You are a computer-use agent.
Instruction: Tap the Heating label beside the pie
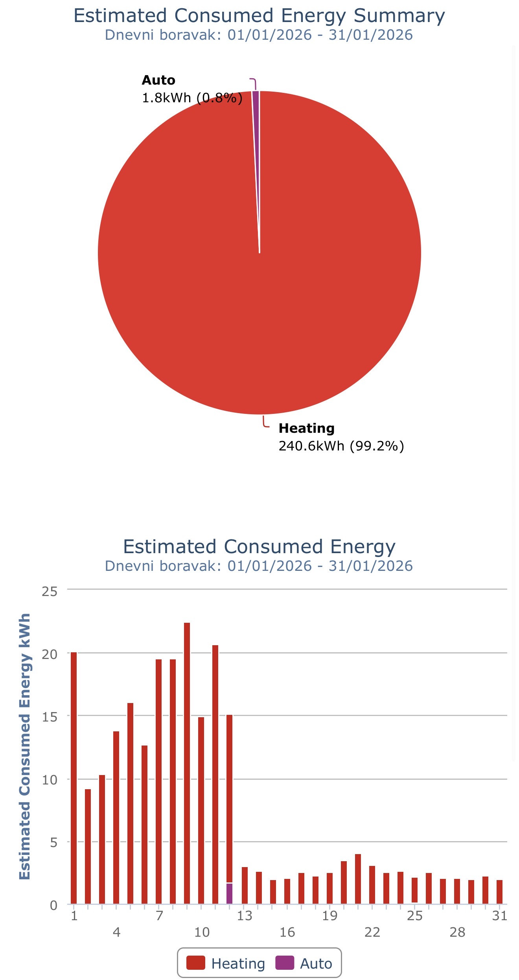pos(306,428)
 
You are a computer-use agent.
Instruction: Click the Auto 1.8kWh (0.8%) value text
pos(192,98)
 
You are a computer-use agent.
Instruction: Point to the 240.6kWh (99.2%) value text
pos(341,446)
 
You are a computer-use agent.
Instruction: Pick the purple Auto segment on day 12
pos(229,893)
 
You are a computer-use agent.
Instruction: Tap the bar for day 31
pos(499,892)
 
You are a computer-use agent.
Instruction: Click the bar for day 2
pos(88,846)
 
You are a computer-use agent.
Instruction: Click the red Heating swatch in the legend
pos(195,963)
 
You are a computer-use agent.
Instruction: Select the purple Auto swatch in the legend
pos(285,963)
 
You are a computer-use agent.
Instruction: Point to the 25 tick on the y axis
pos(50,592)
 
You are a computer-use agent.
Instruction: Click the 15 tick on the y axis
pos(50,717)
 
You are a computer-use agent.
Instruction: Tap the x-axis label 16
pos(287,932)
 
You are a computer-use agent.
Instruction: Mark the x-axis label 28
pos(457,932)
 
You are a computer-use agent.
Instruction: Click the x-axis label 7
pos(159,915)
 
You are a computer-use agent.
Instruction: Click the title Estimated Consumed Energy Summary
pos(259,16)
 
